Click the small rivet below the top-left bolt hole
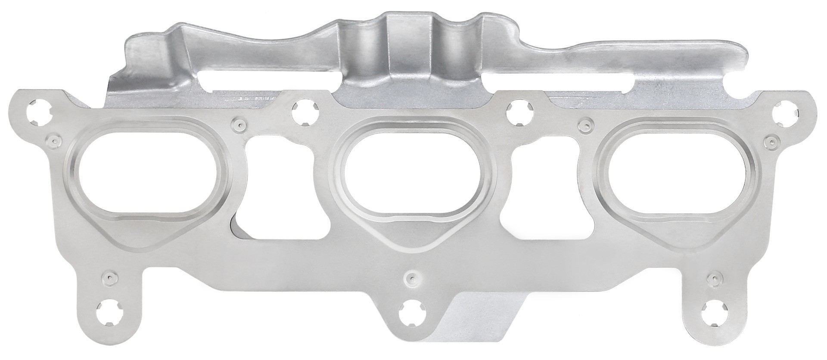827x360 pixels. [53, 140]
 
